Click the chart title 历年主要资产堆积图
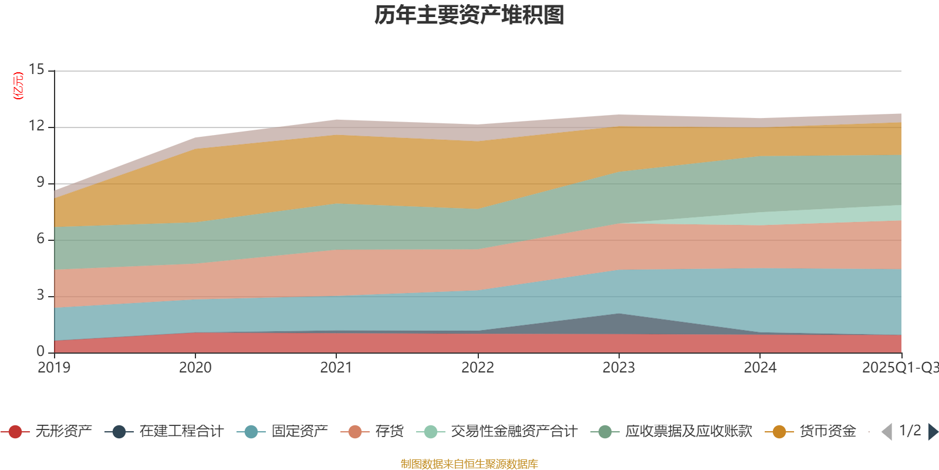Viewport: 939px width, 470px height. pyautogui.click(x=469, y=15)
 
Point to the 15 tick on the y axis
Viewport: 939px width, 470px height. pyautogui.click(x=36, y=70)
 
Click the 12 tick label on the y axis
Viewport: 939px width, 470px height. pyautogui.click(x=36, y=126)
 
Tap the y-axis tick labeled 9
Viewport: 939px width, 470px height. pyautogui.click(x=40, y=183)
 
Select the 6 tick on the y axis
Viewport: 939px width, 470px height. pyautogui.click(x=40, y=239)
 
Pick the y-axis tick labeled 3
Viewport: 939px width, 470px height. pyautogui.click(x=40, y=296)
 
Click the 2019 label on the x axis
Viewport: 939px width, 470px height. pyautogui.click(x=54, y=368)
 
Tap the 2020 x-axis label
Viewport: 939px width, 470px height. pyautogui.click(x=195, y=368)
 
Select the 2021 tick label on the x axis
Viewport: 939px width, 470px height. pyautogui.click(x=336, y=368)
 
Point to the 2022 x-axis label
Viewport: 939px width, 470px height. pyautogui.click(x=477, y=368)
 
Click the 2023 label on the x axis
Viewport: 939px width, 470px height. pyautogui.click(x=619, y=368)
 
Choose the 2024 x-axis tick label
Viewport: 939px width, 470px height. pyautogui.click(x=760, y=368)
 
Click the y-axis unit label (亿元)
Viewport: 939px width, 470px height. pyautogui.click(x=19, y=86)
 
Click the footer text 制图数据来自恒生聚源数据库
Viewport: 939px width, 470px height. pyautogui.click(x=469, y=464)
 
